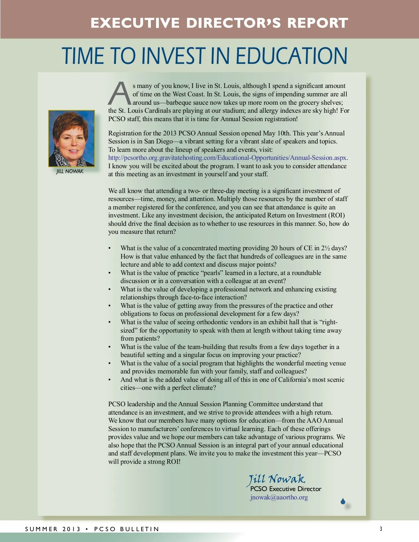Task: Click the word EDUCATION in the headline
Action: [292, 56]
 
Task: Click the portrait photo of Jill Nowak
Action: [72, 139]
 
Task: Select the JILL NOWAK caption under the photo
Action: [70, 171]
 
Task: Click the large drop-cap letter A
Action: [119, 94]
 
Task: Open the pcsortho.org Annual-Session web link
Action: [227, 158]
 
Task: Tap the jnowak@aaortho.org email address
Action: [279, 497]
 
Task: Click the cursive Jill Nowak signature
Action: [277, 479]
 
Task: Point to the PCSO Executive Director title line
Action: [286, 489]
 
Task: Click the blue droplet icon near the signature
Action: [343, 502]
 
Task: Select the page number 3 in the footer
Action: [381, 529]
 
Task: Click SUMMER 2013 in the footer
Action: [53, 529]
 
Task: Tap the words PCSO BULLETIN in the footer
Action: [126, 529]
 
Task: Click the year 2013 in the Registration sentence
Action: [170, 133]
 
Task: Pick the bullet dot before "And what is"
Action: [110, 380]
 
